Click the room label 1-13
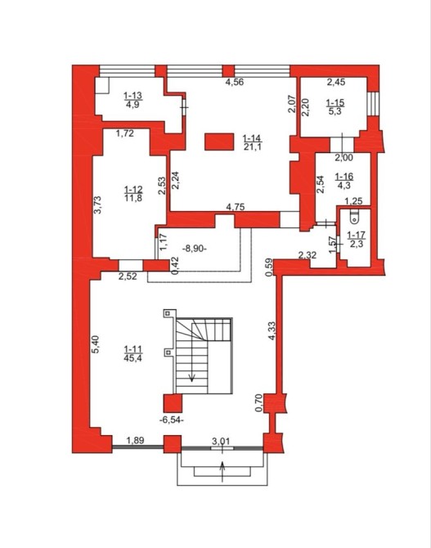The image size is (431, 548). click(x=133, y=96)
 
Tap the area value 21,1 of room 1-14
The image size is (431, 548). click(x=253, y=146)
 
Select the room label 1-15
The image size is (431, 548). click(x=334, y=103)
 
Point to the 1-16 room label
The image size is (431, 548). click(x=344, y=177)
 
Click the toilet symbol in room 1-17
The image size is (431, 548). click(x=354, y=217)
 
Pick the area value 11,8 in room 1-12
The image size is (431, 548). click(x=133, y=199)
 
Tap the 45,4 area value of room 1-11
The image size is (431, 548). click(x=132, y=358)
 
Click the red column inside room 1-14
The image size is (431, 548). click(x=219, y=141)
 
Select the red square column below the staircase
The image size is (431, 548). click(x=173, y=403)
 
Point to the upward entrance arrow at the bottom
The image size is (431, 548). click(x=222, y=471)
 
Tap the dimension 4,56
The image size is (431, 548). click(x=234, y=82)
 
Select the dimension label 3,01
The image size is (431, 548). click(x=221, y=441)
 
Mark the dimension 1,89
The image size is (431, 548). click(x=135, y=440)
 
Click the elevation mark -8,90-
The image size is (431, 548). click(x=195, y=249)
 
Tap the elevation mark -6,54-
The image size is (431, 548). click(x=171, y=420)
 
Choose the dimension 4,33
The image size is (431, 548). click(x=272, y=330)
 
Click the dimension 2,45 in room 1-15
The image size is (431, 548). click(x=336, y=82)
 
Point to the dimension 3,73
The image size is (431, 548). click(x=97, y=204)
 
